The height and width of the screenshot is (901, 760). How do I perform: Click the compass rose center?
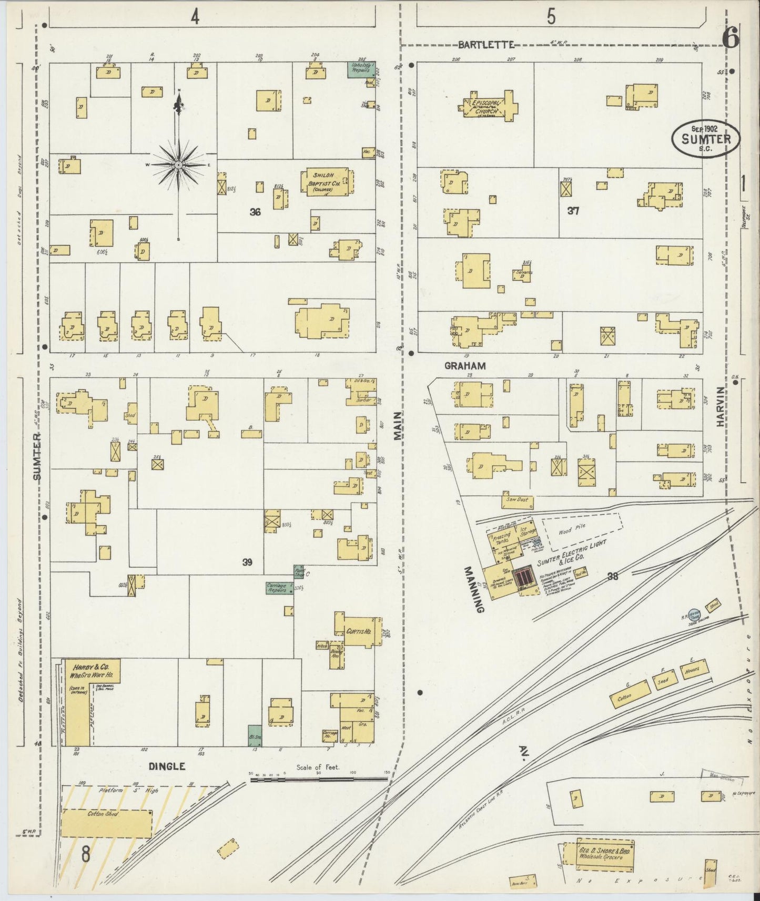(179, 165)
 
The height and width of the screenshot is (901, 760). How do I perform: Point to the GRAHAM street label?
(464, 365)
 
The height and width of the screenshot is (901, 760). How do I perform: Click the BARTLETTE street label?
(485, 45)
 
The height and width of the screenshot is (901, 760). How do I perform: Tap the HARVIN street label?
(720, 411)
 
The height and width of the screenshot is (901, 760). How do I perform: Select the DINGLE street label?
(167, 766)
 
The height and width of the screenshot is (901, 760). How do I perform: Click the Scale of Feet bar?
(318, 780)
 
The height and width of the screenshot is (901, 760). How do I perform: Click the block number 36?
(255, 212)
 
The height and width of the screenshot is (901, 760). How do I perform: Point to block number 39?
(247, 562)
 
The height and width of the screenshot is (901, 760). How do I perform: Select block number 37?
(573, 211)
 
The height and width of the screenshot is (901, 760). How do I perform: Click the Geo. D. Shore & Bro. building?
(599, 854)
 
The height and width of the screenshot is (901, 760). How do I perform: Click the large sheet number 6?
(731, 37)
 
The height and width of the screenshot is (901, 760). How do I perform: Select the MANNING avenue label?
(473, 589)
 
